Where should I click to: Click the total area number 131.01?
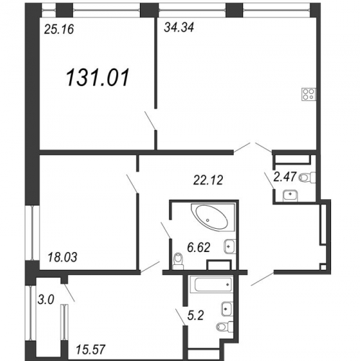(x=97, y=77)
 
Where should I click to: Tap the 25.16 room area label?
(x=59, y=30)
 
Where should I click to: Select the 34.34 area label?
(x=179, y=27)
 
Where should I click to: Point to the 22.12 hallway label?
(x=208, y=180)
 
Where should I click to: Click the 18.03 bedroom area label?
(x=63, y=257)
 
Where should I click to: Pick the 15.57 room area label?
(x=91, y=349)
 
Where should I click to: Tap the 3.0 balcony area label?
(x=46, y=300)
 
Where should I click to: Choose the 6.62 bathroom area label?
(x=199, y=248)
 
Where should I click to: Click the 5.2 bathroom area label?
(x=196, y=316)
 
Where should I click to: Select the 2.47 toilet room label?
(x=285, y=177)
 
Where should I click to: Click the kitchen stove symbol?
(x=309, y=95)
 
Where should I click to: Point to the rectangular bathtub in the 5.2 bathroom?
(x=211, y=284)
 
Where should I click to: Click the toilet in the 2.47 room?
(x=307, y=178)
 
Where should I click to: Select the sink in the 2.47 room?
(x=291, y=196)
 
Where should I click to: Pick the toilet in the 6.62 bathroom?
(x=178, y=261)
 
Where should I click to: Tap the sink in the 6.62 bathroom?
(x=229, y=246)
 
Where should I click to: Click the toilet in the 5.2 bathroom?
(x=224, y=326)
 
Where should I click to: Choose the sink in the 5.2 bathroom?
(x=227, y=308)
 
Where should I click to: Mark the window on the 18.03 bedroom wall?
(x=33, y=232)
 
